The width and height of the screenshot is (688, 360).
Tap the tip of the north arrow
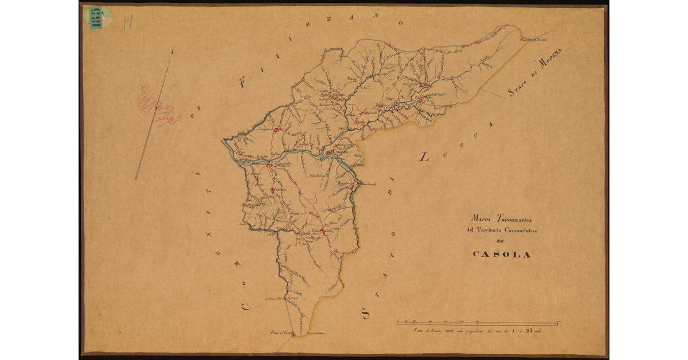172,50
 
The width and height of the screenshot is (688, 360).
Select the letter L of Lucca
424,156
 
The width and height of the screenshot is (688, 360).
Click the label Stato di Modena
537,72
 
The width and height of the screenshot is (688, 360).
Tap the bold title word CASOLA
502,255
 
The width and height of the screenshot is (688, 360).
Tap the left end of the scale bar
398,323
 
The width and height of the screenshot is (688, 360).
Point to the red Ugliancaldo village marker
322,232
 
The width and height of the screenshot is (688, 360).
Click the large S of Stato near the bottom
365,312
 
